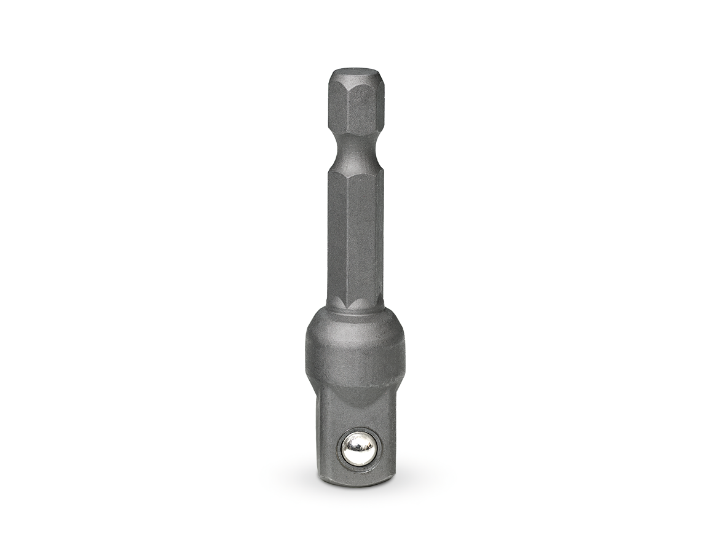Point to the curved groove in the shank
(x=356, y=151)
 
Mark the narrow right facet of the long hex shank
(x=380, y=240)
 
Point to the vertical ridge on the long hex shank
(x=349, y=240)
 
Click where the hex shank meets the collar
(x=356, y=307)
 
